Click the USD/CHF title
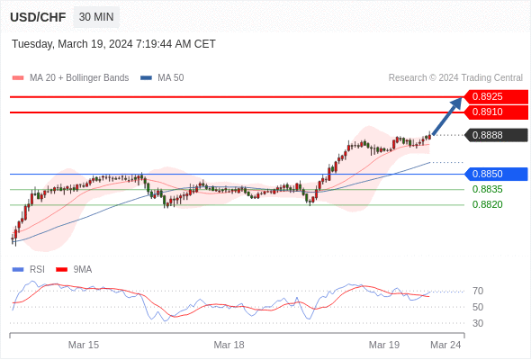pyautogui.click(x=38, y=17)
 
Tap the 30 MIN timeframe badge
pyautogui.click(x=96, y=17)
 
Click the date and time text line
pyautogui.click(x=113, y=44)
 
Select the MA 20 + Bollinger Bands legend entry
pyautogui.click(x=70, y=78)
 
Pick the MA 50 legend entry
pyautogui.click(x=162, y=78)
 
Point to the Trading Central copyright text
pyautogui.click(x=455, y=78)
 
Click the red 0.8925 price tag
pyautogui.click(x=496, y=97)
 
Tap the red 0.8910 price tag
pyautogui.click(x=496, y=112)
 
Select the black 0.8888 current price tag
pyautogui.click(x=496, y=135)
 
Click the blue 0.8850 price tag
pyautogui.click(x=496, y=174)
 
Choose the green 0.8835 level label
pyautogui.click(x=487, y=189)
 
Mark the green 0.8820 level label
pyautogui.click(x=487, y=204)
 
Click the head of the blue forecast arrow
pyautogui.click(x=461, y=98)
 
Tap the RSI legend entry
pyautogui.click(x=28, y=270)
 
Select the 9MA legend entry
pyautogui.click(x=74, y=270)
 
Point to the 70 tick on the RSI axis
pyautogui.click(x=478, y=291)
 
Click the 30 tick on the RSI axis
pyautogui.click(x=478, y=323)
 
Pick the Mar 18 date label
pyautogui.click(x=229, y=345)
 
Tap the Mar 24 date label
pyautogui.click(x=445, y=345)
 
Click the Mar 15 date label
pyautogui.click(x=84, y=345)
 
